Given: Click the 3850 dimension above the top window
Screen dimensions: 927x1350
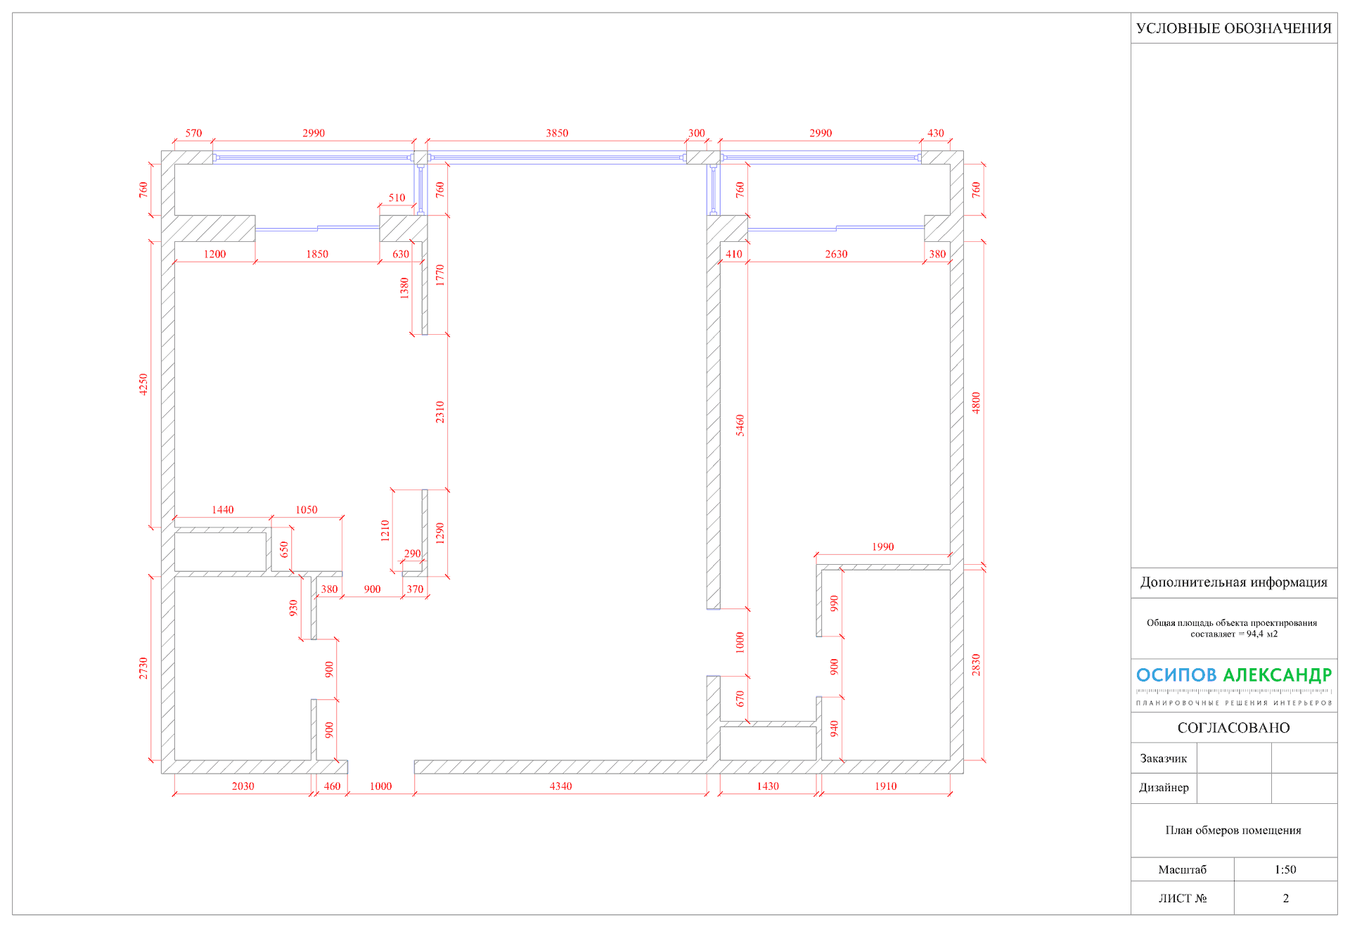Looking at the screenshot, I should [x=557, y=133].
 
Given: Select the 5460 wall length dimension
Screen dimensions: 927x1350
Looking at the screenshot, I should [x=740, y=426].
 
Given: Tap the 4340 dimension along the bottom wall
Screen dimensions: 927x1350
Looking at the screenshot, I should [x=560, y=786].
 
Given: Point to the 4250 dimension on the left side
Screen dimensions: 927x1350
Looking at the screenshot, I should [x=143, y=384].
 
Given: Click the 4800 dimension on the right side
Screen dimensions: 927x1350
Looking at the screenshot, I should [x=975, y=403].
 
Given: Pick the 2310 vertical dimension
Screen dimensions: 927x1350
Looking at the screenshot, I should [x=439, y=412].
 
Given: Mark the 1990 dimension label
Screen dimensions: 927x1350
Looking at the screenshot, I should [x=882, y=546].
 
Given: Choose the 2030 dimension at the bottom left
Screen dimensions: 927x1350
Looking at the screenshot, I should [x=243, y=786].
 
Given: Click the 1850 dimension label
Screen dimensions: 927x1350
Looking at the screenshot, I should [x=316, y=254].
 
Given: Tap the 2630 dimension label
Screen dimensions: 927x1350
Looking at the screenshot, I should [x=836, y=254].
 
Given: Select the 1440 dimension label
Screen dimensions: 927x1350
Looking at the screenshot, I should [x=222, y=510].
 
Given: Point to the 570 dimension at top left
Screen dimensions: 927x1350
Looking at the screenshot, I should [x=193, y=133].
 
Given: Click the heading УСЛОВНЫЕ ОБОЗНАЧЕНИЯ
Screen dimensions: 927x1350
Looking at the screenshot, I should [x=1233, y=28].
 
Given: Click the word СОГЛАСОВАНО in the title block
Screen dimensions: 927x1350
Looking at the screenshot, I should [x=1233, y=728].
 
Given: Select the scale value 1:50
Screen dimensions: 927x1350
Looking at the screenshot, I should [x=1285, y=869].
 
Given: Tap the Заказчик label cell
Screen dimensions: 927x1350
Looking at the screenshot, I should [x=1163, y=758].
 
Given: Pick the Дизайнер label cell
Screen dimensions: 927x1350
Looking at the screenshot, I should [x=1164, y=788].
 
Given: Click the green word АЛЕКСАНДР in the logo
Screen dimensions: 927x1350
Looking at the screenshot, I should [x=1277, y=675].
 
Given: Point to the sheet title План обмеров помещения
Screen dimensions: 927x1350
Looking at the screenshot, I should [x=1233, y=830].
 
